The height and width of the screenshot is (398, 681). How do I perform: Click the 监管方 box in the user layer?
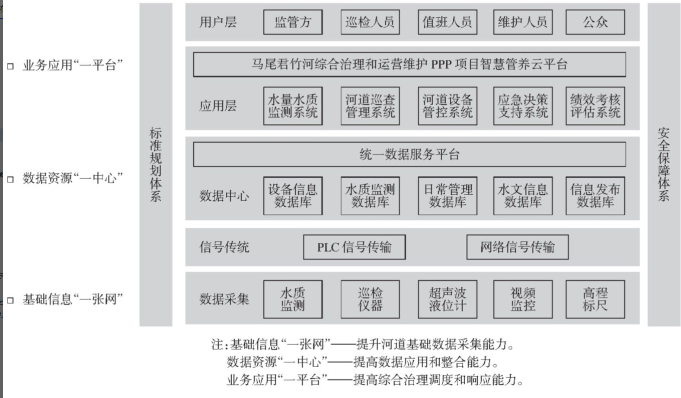pos(293,22)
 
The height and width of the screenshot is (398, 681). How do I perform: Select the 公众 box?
pos(595,22)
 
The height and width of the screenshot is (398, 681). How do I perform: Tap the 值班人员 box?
pos(447,22)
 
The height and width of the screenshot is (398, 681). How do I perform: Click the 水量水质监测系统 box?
pos(293,106)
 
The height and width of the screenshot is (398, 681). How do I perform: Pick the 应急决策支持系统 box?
pos(523,106)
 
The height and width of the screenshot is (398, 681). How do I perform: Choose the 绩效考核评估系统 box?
pos(595,106)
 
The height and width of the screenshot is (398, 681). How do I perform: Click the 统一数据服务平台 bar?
pos(409,154)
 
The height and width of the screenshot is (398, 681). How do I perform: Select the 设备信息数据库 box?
pos(293,196)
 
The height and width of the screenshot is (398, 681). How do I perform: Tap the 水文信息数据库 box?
pos(523,196)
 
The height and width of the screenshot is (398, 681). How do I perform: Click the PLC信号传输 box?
pos(354,247)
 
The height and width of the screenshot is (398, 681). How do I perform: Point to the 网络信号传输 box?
pos(517,247)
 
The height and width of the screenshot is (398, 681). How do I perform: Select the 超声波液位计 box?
pos(447,299)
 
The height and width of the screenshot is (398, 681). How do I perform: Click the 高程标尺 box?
pos(595,299)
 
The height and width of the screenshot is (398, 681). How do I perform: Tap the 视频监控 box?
pos(523,299)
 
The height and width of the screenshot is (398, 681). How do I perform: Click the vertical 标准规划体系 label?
pos(156,164)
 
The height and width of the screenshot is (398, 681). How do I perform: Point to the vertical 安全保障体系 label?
pos(663,164)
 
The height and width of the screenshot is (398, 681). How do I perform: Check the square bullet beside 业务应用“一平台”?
pos(10,66)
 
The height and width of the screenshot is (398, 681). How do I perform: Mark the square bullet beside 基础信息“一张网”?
pos(10,300)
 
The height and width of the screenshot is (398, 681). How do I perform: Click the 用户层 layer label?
pos(217,22)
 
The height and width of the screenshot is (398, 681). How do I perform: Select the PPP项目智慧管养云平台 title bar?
pos(409,64)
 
